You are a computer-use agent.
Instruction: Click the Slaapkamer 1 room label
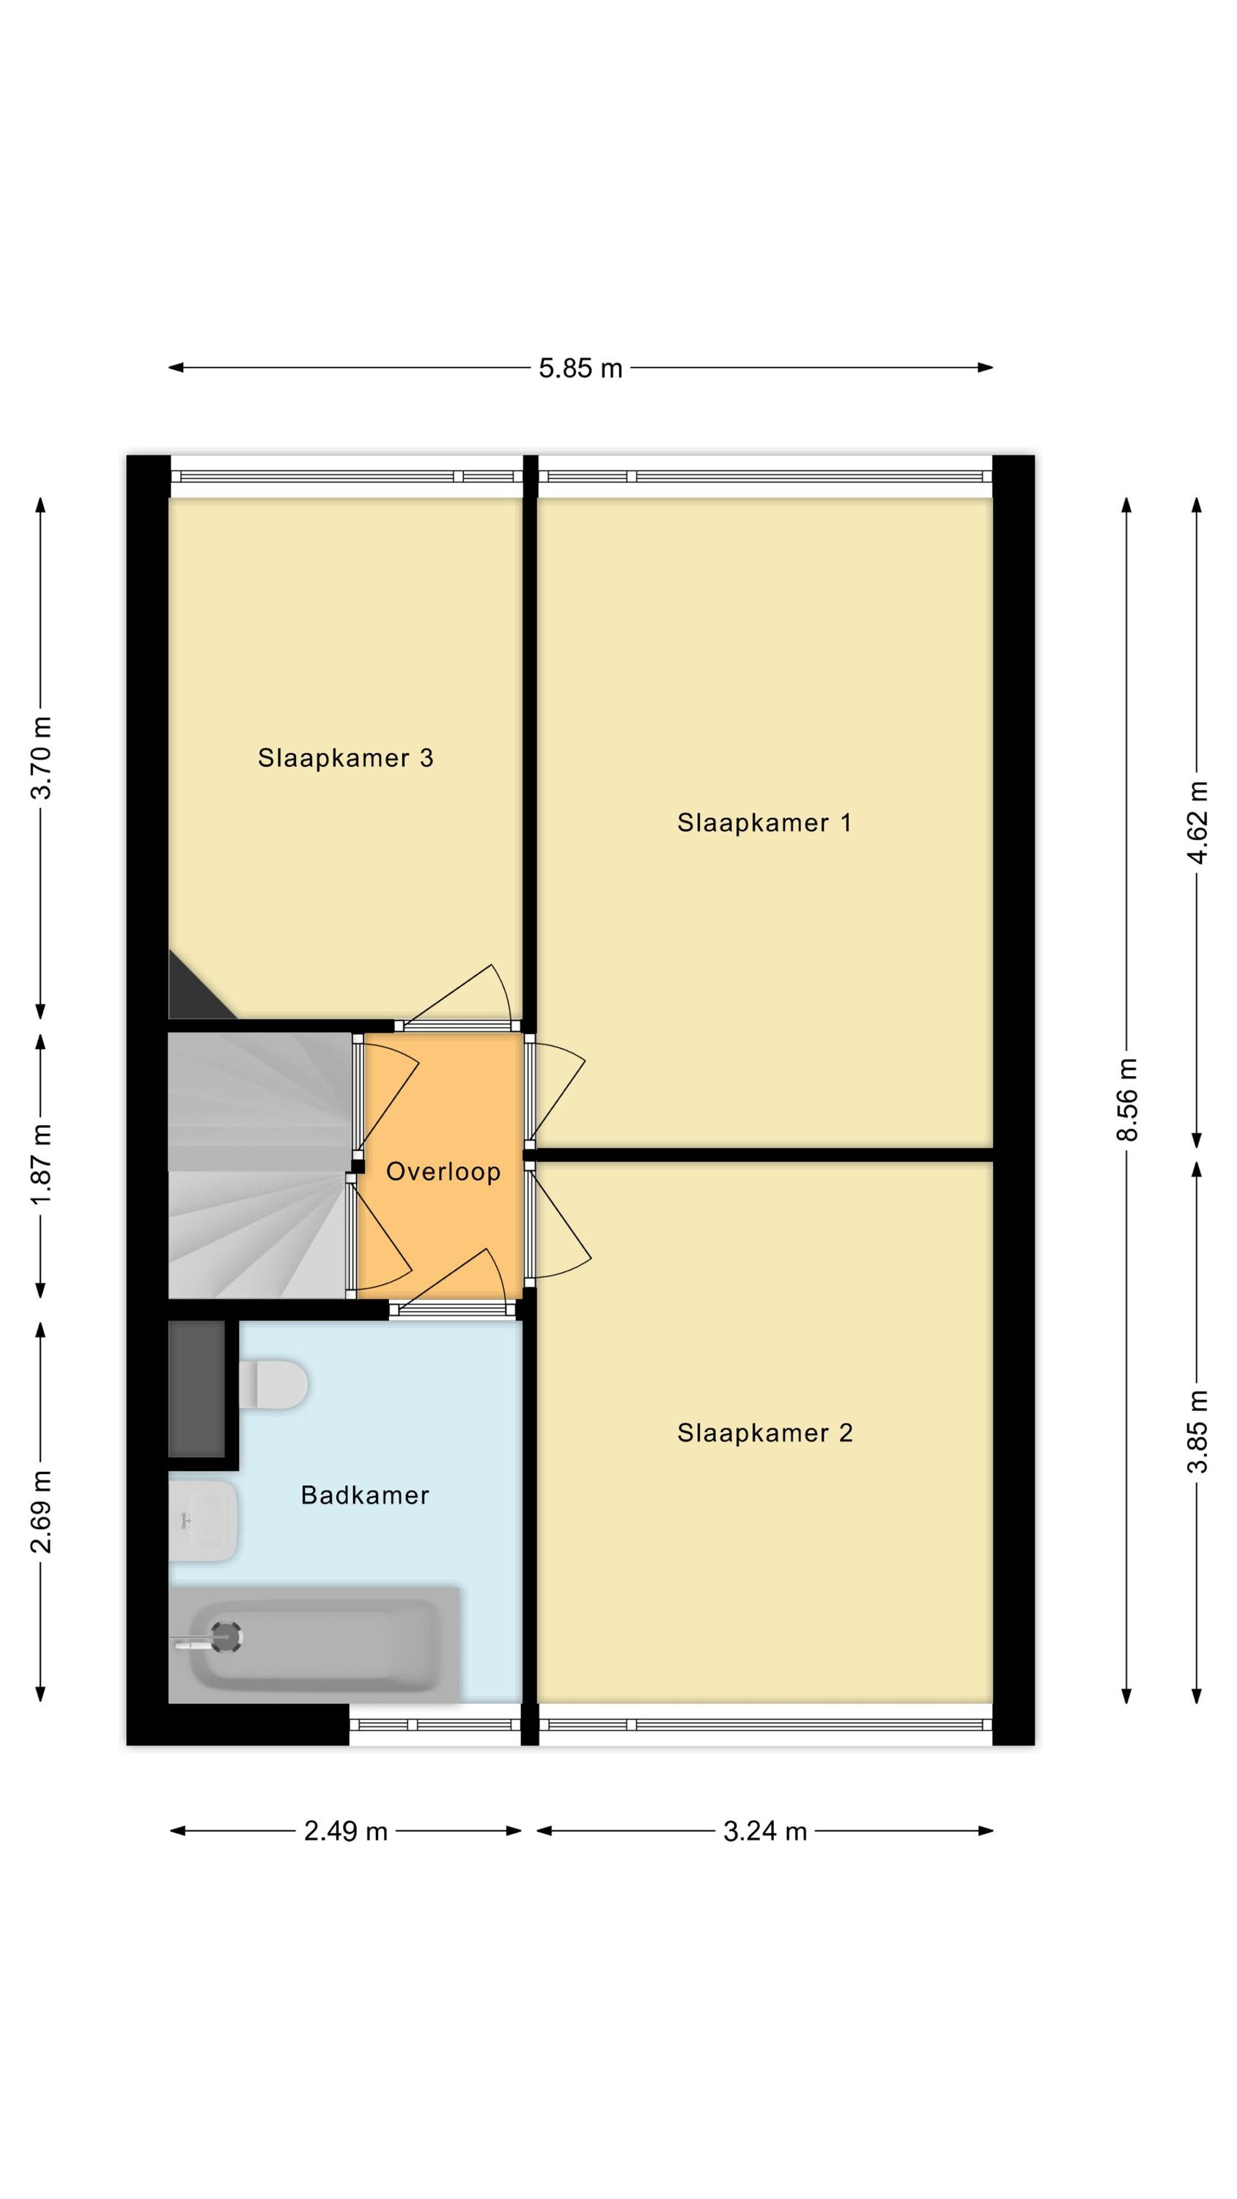click(x=764, y=823)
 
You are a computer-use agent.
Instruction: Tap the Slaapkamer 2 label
click(x=765, y=1432)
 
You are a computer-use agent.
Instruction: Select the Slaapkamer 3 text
click(x=346, y=758)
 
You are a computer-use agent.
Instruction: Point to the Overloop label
click(x=443, y=1171)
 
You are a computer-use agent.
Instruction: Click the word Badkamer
click(x=364, y=1495)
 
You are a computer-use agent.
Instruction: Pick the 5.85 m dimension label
click(x=580, y=369)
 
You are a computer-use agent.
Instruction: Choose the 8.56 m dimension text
click(x=1128, y=1099)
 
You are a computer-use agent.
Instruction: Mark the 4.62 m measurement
click(x=1197, y=822)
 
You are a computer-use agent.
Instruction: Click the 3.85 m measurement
click(x=1197, y=1432)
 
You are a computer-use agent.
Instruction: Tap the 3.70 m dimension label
click(x=41, y=757)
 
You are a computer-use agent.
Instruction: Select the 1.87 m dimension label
click(x=41, y=1165)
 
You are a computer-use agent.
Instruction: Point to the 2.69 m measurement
click(x=41, y=1511)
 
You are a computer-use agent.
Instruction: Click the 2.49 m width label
click(x=346, y=1831)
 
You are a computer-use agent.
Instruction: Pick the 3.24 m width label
click(x=765, y=1831)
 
